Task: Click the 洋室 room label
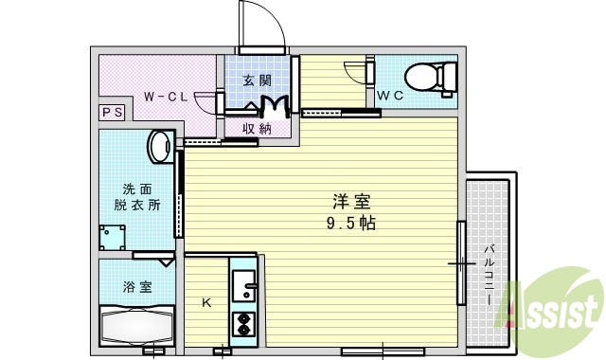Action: [350, 201]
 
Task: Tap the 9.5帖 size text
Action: [350, 224]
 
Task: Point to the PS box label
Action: [110, 113]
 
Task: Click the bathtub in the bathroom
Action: [138, 326]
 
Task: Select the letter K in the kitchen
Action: [206, 303]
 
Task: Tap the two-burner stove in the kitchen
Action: [244, 324]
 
